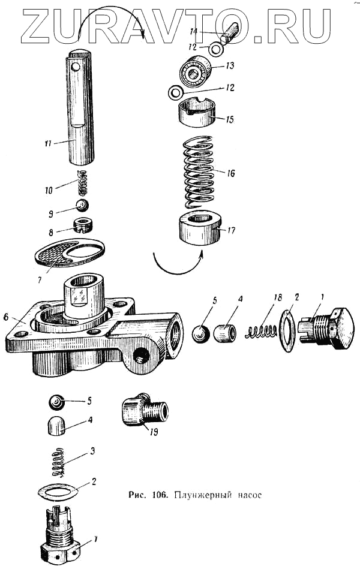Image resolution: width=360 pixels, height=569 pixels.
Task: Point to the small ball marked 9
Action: coord(83,206)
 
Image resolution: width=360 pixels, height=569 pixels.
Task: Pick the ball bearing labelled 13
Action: coord(194,72)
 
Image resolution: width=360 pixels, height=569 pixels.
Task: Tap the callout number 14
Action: coord(193,30)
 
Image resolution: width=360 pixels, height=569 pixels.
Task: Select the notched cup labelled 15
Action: coord(197,112)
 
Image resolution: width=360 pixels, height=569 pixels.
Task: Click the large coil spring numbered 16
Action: coord(199,171)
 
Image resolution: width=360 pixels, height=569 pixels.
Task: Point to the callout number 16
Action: coord(232,173)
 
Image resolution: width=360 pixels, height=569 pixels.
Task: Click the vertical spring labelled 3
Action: coord(58,463)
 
